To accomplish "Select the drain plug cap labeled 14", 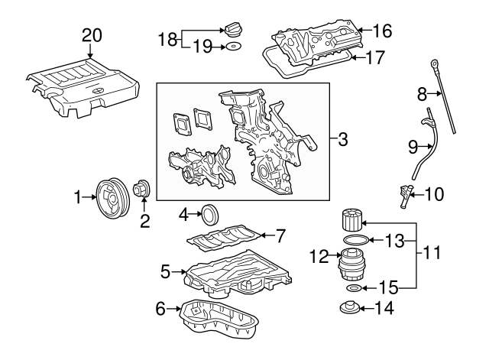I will coord(347,310).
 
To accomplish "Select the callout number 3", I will coord(343,140).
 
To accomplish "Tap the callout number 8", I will coord(421,95).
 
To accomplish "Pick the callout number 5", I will coord(165,270).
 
